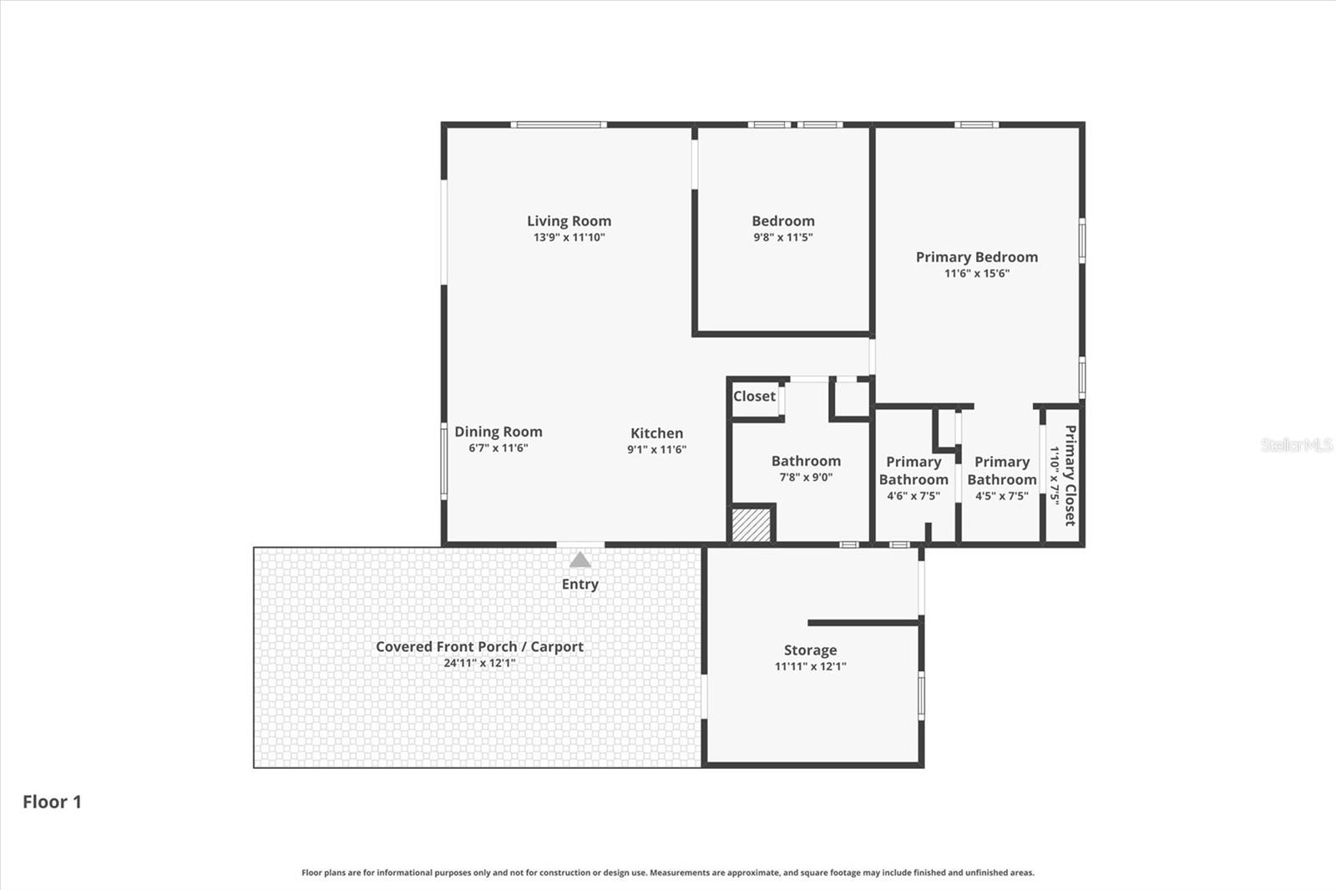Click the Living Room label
569,221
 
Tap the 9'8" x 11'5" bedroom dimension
782,237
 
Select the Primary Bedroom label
976,257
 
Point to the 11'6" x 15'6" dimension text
976,273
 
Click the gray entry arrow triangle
579,560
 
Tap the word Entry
579,584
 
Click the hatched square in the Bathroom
751,525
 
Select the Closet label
754,397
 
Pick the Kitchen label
656,433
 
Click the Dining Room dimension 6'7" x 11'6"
498,448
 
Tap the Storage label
810,650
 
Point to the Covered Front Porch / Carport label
479,647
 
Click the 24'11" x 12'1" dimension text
479,664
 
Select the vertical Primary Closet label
1070,475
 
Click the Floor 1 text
52,802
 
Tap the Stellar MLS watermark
1296,445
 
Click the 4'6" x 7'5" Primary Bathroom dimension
913,496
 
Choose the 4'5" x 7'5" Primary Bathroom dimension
1001,496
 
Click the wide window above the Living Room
559,125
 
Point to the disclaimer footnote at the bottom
667,872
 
